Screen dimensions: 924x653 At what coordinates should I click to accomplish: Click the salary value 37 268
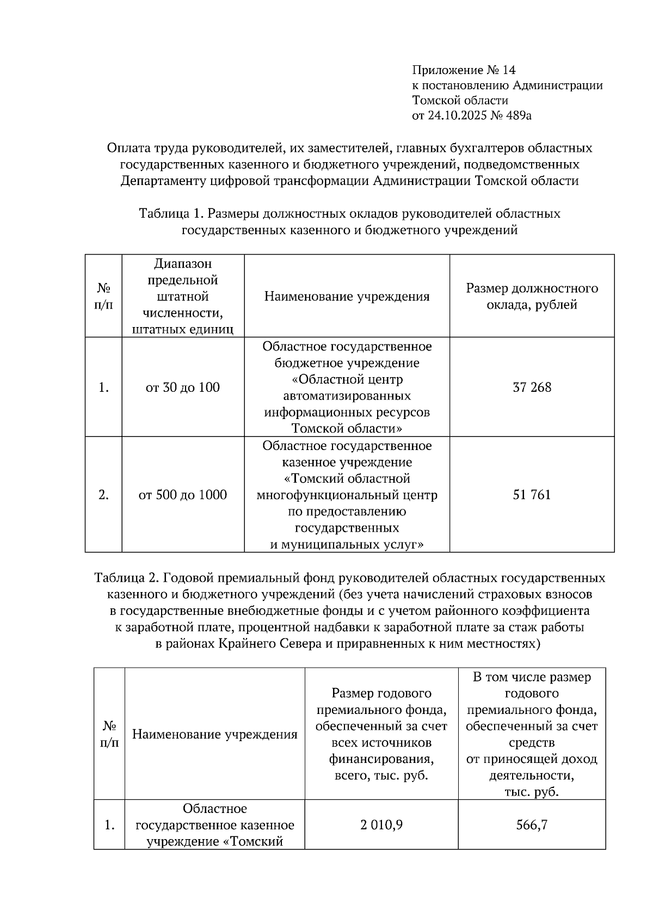coord(532,387)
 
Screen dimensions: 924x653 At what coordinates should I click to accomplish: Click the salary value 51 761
coord(532,495)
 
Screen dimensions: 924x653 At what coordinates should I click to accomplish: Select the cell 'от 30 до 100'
coord(183,387)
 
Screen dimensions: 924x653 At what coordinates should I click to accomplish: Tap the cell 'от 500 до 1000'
coord(183,495)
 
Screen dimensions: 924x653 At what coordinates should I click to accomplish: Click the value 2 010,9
coord(381,825)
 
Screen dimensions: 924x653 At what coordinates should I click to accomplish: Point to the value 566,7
coord(532,825)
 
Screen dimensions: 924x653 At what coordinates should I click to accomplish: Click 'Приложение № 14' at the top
coord(464,70)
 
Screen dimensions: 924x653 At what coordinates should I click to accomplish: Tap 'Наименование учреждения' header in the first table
coord(347,297)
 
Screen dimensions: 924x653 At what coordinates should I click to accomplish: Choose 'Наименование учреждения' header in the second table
coord(215,735)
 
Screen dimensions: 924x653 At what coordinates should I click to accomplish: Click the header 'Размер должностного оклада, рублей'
coord(532,297)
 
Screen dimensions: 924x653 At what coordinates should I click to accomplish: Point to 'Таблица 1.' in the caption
coord(171,213)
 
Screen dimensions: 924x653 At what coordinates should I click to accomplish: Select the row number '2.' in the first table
coord(103,495)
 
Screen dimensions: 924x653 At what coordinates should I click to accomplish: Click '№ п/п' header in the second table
coord(109,735)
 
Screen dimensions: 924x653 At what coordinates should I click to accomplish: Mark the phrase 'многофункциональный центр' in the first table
coord(347,495)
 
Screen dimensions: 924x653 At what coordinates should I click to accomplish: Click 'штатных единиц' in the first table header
coord(183,330)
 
